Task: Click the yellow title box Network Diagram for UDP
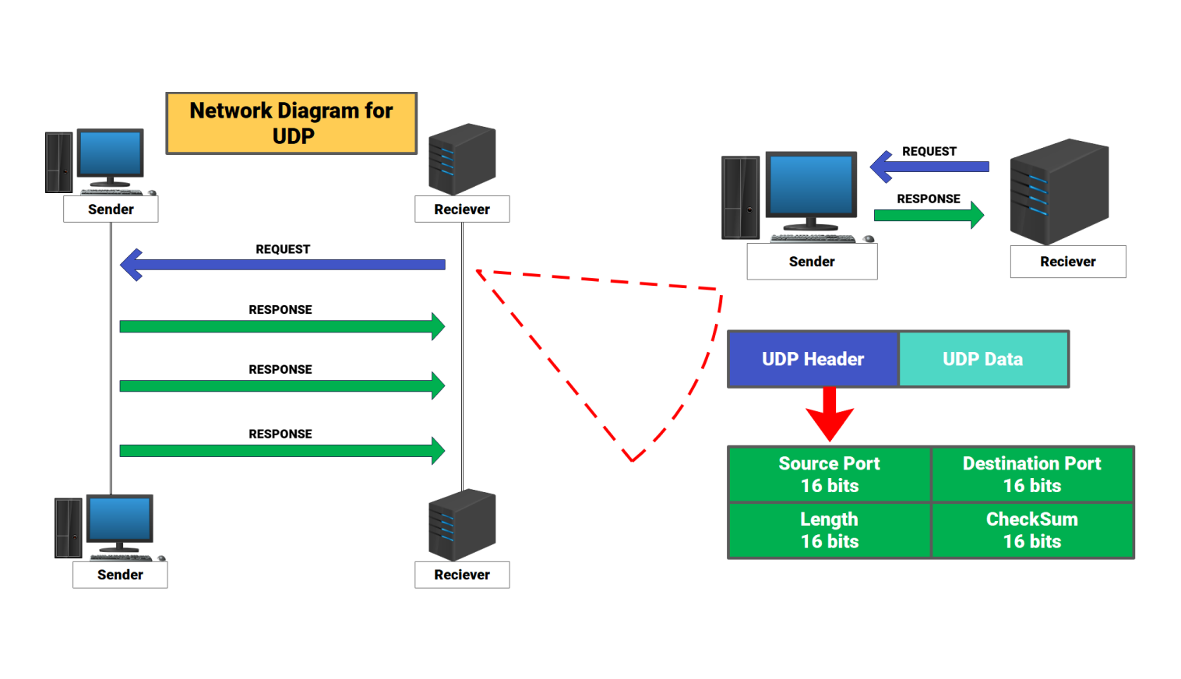(x=291, y=123)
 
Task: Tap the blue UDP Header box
(x=813, y=359)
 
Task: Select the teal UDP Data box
(x=983, y=359)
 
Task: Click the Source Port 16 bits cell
(x=829, y=474)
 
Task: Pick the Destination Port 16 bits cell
(x=1031, y=474)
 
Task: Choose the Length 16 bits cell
(x=829, y=530)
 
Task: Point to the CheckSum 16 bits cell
(x=1031, y=530)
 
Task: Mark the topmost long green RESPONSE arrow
(x=281, y=326)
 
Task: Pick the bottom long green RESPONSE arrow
(x=281, y=450)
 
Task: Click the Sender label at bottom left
(x=120, y=575)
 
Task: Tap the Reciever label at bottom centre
(x=462, y=575)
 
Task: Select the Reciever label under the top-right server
(x=1067, y=262)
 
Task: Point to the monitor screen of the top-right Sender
(x=811, y=185)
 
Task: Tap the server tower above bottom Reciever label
(x=461, y=524)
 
